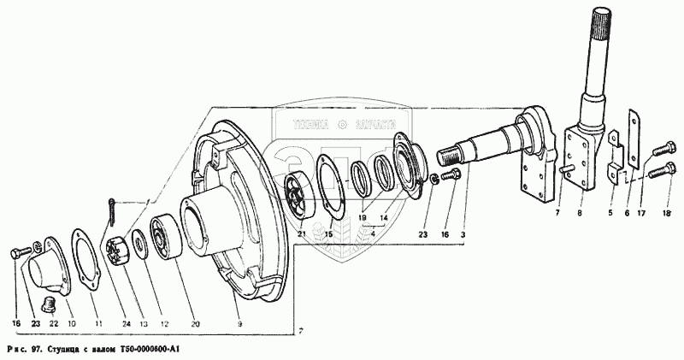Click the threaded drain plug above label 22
tap(49, 304)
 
